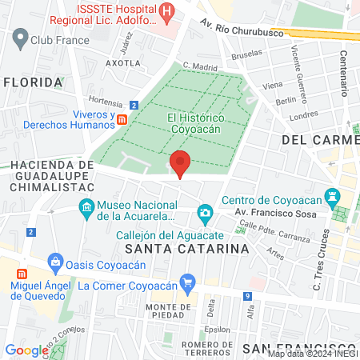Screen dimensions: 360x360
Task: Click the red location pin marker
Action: click(180, 162)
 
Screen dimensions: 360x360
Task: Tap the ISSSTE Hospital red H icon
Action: click(167, 11)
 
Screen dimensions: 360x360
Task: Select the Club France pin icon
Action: click(18, 37)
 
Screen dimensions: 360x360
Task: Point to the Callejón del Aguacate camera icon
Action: click(206, 212)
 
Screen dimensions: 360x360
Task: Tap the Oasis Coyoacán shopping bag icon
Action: click(54, 260)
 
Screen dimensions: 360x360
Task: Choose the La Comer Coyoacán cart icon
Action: click(188, 282)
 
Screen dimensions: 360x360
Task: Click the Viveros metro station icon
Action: click(122, 118)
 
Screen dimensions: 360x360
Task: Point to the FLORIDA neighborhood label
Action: click(33, 82)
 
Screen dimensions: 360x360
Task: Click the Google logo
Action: click(26, 350)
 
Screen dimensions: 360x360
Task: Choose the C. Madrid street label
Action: click(200, 66)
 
